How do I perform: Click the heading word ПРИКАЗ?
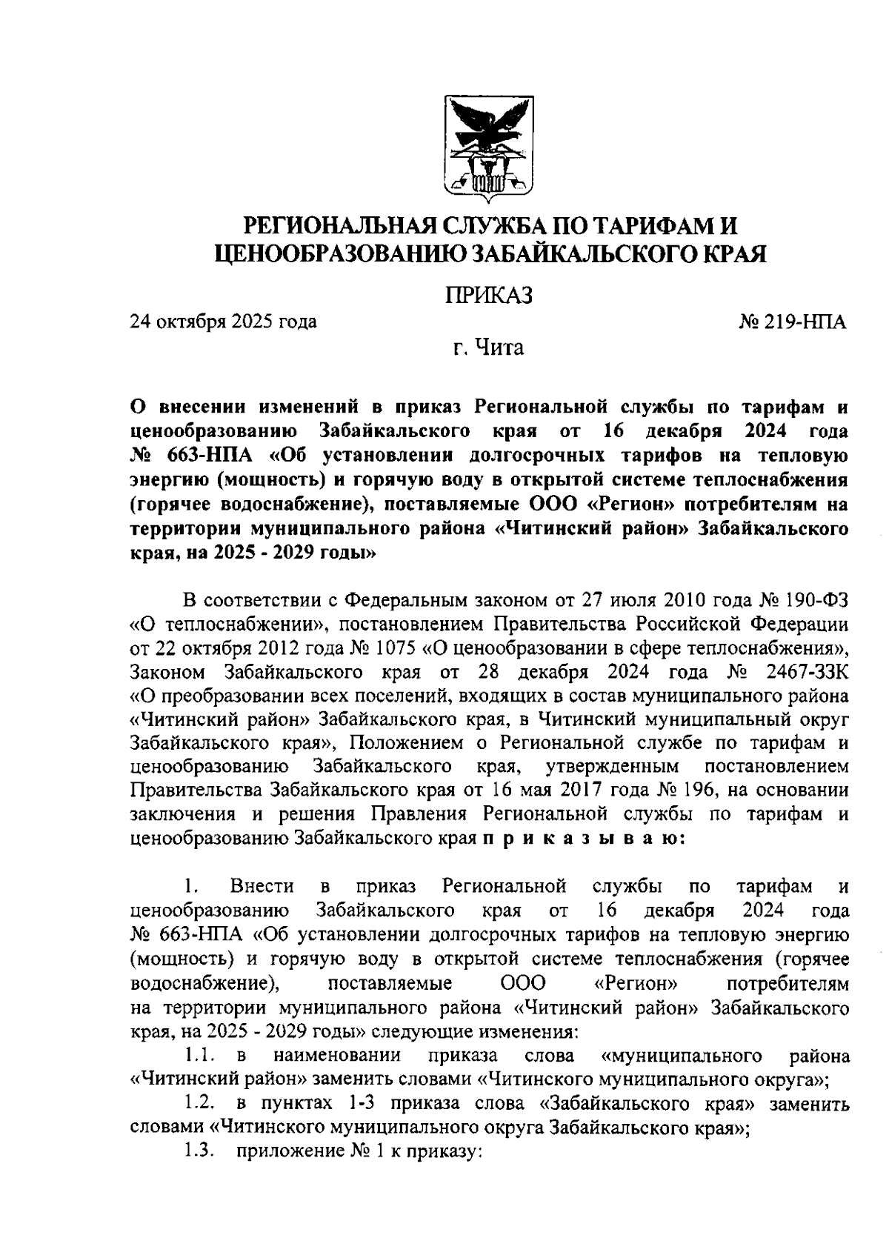pyautogui.click(x=488, y=295)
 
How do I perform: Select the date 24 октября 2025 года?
pyautogui.click(x=223, y=322)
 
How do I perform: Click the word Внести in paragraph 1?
pyautogui.click(x=262, y=886)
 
